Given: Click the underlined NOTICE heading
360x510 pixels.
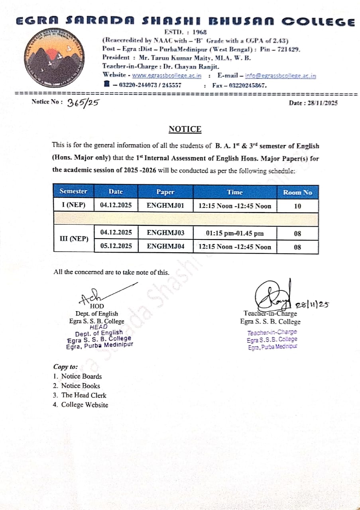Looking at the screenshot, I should click(185, 129).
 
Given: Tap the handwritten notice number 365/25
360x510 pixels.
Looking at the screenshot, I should click(83, 103).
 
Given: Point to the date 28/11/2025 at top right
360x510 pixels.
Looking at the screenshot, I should click(313, 103).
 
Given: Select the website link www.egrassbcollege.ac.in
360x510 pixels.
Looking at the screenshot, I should click(167, 75).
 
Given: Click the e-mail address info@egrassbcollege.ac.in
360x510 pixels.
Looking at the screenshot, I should click(280, 75).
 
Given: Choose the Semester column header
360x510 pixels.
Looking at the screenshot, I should click(73, 191).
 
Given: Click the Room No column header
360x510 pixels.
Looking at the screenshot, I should click(297, 192).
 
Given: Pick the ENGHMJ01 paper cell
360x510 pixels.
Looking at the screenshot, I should click(165, 206).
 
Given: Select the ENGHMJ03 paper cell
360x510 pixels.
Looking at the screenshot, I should click(165, 233).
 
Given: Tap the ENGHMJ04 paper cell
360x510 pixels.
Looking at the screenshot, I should click(165, 247).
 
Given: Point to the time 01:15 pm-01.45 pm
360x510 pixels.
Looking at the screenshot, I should click(235, 233).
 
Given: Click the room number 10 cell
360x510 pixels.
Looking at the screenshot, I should click(297, 206).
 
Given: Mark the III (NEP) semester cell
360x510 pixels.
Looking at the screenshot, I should click(74, 239).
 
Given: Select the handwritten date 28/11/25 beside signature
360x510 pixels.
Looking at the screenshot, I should click(312, 305).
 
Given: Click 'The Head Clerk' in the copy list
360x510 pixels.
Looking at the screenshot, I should click(84, 395).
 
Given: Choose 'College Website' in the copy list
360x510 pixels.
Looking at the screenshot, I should click(85, 405).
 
